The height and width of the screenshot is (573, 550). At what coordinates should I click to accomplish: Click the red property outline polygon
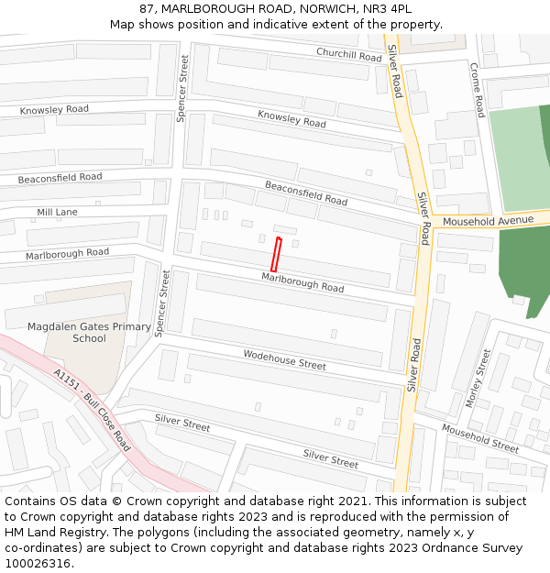click(275, 254)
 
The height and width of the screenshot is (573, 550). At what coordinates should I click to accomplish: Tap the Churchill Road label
click(348, 54)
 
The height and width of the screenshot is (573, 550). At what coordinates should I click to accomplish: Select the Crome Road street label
click(477, 89)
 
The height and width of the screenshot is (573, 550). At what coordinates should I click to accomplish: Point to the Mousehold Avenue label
click(488, 221)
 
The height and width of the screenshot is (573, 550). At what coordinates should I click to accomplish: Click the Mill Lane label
click(57, 212)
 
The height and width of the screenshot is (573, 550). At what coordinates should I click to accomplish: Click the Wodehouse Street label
click(284, 358)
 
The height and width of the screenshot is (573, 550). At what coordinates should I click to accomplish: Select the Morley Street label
click(478, 378)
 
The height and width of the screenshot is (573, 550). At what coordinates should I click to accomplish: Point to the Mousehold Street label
click(480, 438)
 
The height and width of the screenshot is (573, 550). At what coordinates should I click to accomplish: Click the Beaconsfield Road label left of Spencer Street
click(60, 177)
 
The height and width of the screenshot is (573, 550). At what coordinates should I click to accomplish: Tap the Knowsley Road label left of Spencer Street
click(54, 109)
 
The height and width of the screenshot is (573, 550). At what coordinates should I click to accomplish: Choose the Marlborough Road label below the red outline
click(302, 281)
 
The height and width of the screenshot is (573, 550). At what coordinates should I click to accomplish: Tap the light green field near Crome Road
click(515, 156)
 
